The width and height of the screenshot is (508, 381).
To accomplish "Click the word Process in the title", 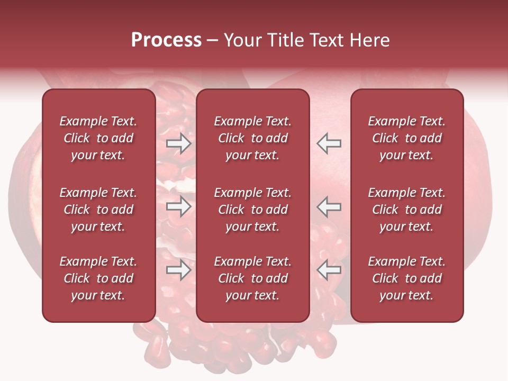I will [166, 40].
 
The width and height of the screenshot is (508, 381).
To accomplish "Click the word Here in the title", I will [370, 40].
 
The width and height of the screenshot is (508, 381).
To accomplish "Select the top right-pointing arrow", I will [179, 143].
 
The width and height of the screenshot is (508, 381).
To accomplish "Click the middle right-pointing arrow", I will [179, 207].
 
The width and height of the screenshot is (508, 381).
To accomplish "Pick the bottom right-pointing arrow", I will [179, 270].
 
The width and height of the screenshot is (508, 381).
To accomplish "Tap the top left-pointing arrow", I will [329, 143].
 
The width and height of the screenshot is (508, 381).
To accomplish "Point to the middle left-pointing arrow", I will [329, 207].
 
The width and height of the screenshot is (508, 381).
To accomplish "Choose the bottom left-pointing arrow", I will [329, 270].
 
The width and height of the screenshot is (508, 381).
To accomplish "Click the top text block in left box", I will [98, 138].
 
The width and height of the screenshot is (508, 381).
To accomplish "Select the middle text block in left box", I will [98, 210].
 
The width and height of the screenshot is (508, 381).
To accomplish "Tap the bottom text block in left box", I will [98, 278].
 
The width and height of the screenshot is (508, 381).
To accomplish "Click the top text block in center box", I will [252, 138].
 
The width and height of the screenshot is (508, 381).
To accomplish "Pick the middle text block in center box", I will [252, 210].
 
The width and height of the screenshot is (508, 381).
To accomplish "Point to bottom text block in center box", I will [252, 278].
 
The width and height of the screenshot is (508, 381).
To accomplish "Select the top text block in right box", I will [406, 138].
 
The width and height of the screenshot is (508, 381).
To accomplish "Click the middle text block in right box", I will [406, 210].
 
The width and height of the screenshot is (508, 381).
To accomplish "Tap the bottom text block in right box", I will [406, 278].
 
